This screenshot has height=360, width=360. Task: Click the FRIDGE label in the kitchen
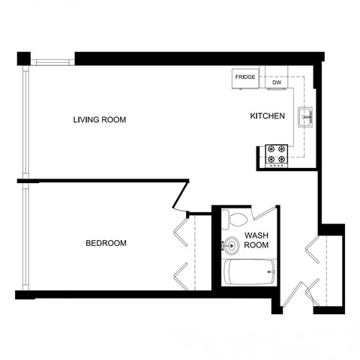(245, 78)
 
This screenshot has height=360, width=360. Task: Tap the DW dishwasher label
(275, 83)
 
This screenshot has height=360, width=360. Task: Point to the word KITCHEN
(267, 116)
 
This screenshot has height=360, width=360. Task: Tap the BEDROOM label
(106, 243)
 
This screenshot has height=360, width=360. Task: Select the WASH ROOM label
(256, 240)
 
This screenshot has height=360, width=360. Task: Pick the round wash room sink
(228, 245)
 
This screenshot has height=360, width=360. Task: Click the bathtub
(250, 272)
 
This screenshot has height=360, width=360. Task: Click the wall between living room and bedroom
(105, 180)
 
